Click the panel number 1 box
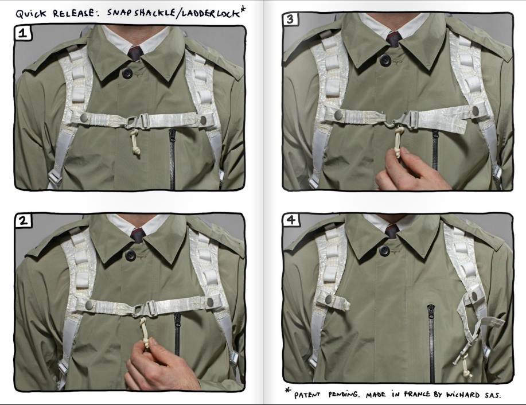(23, 33)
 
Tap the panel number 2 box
(23, 220)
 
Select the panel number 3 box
(290, 19)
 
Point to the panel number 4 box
(291, 220)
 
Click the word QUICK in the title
(31, 14)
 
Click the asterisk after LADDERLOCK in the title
(243, 9)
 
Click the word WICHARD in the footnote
(462, 394)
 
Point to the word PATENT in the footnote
(307, 395)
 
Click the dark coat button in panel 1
(127, 73)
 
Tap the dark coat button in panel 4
(384, 250)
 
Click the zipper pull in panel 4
(430, 311)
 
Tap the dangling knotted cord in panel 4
(466, 367)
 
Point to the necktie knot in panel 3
(393, 38)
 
